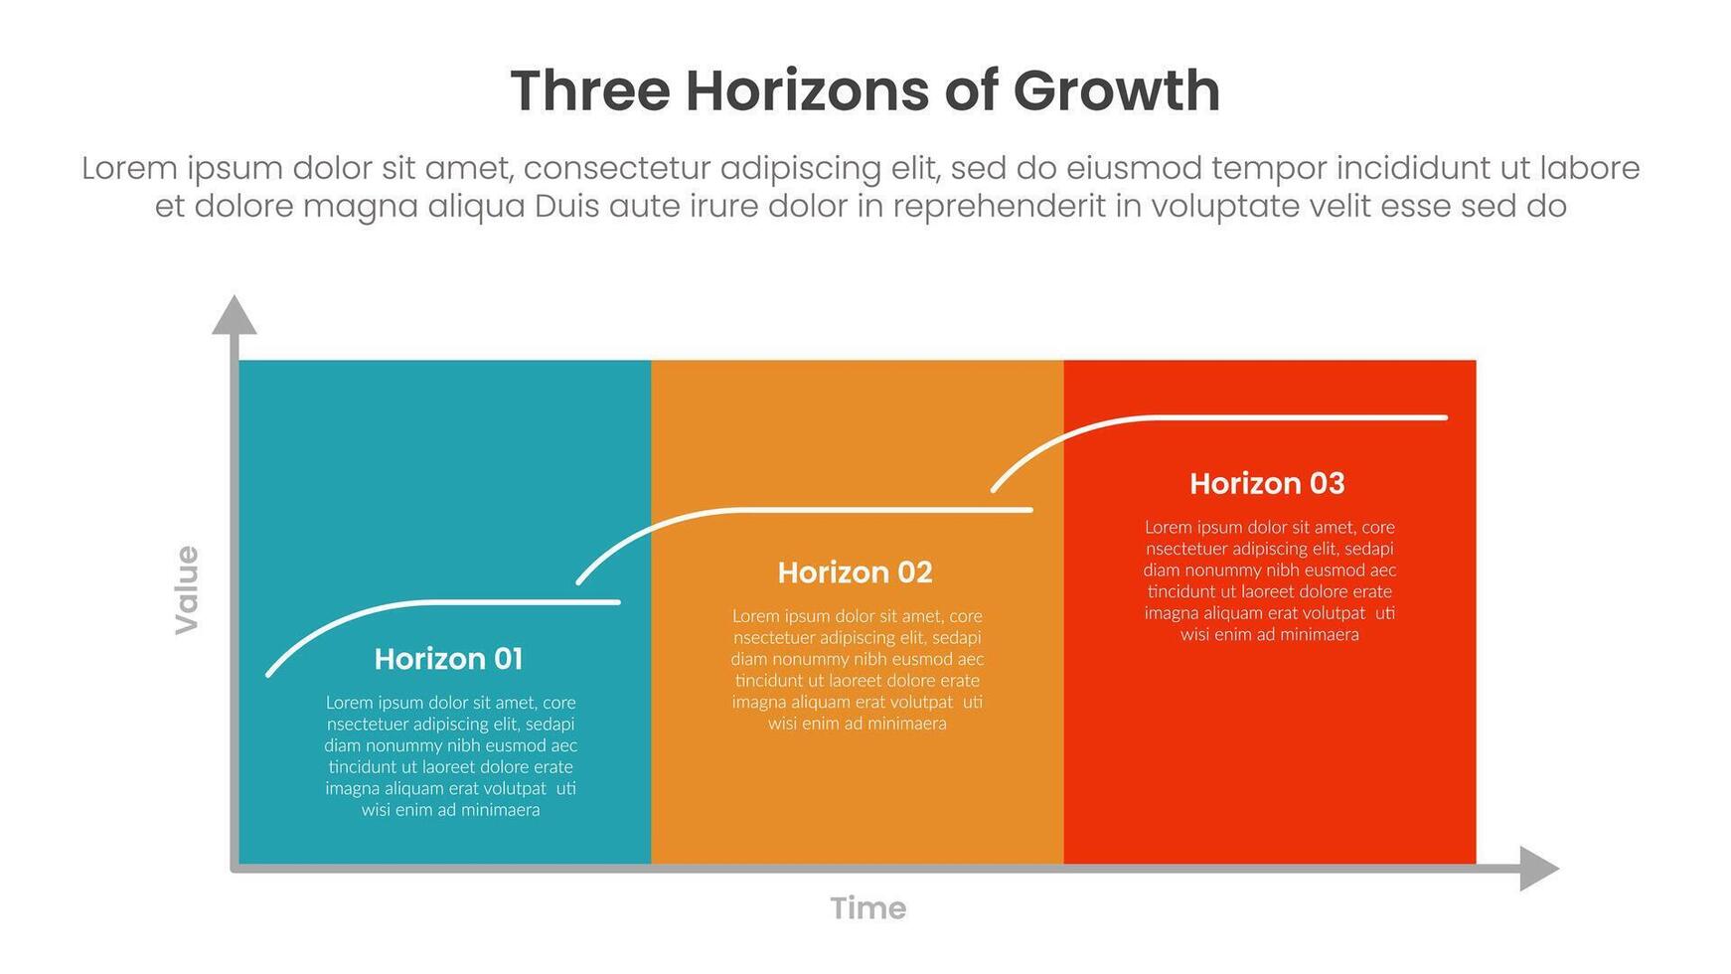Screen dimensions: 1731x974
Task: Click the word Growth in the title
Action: coord(1117,90)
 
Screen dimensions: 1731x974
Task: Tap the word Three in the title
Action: coord(590,90)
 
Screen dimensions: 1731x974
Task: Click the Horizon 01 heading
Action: coord(448,659)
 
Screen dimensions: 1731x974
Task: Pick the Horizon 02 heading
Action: coord(855,572)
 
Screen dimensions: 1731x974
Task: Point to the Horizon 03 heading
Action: coord(1267,484)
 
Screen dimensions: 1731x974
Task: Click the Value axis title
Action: coord(187,589)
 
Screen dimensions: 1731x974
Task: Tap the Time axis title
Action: coord(868,908)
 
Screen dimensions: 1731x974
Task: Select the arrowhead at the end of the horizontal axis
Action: coord(1540,869)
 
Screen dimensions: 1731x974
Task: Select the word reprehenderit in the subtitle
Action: coord(999,207)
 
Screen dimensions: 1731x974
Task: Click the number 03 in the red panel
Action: coord(1327,484)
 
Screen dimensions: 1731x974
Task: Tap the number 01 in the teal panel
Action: coord(507,659)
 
